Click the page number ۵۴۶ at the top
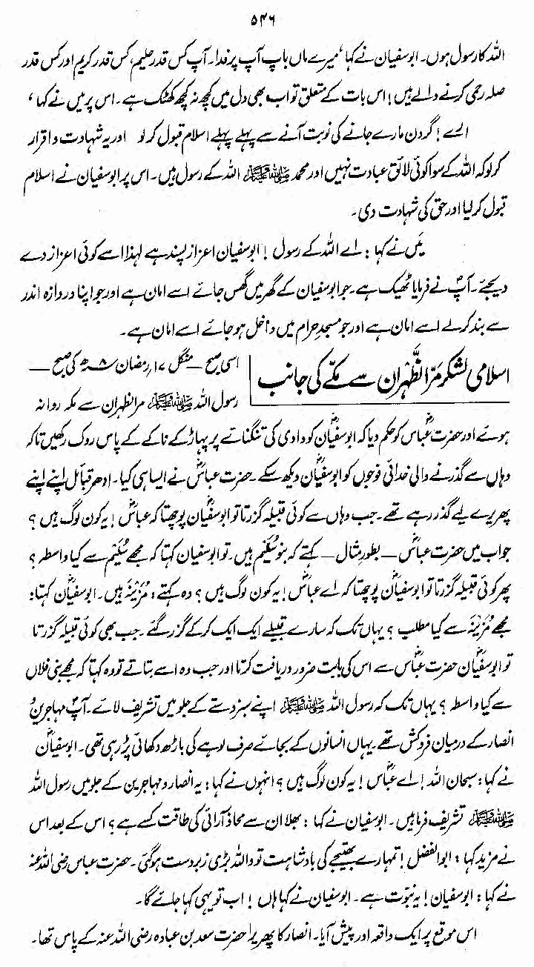point(266,10)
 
